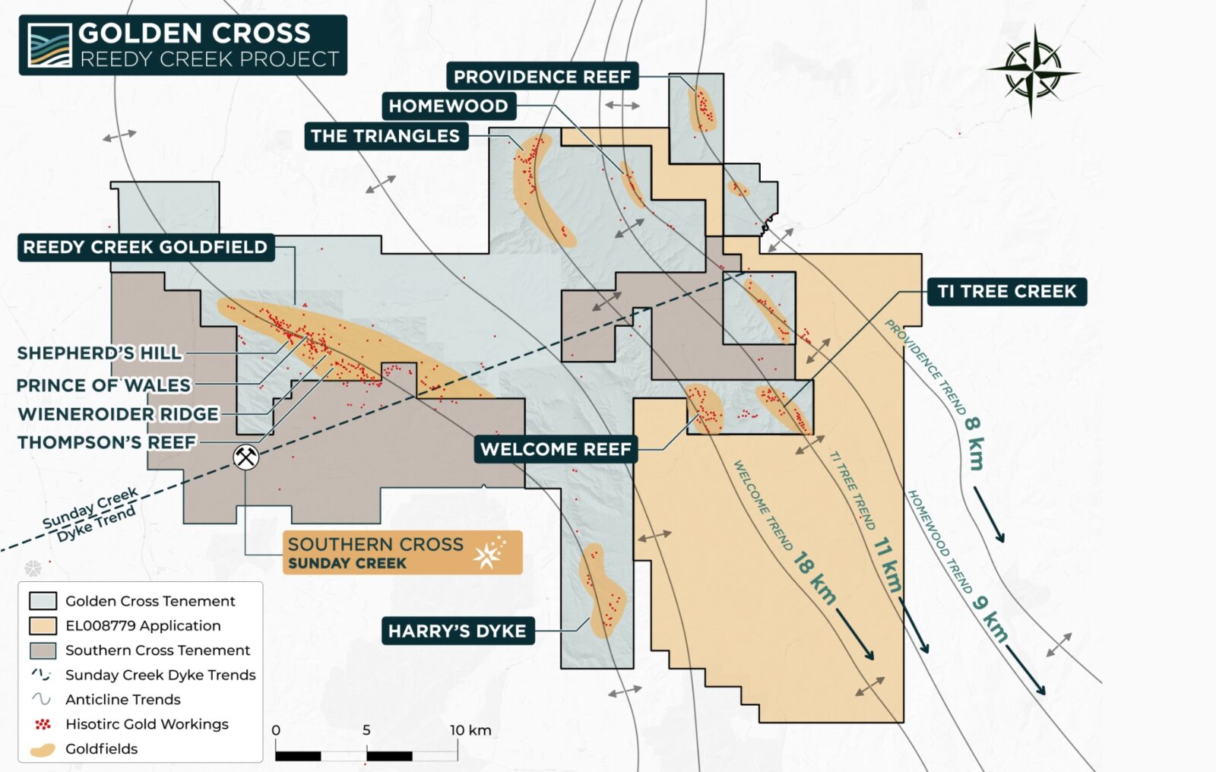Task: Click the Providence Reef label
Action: (542, 77)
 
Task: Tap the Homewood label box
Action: (448, 106)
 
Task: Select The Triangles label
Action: (385, 136)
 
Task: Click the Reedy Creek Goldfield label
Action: (145, 247)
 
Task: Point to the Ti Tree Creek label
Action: (1006, 291)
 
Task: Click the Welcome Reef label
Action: (556, 449)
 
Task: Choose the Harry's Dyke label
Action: (457, 631)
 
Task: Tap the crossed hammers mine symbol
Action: (245, 457)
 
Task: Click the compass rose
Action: (1032, 71)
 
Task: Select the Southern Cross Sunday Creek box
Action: (402, 552)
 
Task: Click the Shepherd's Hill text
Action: (100, 353)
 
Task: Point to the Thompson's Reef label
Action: (107, 442)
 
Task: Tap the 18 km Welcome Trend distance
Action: (815, 577)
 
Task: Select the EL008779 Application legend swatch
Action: (43, 625)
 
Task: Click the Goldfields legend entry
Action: (101, 748)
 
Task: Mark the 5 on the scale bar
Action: (366, 730)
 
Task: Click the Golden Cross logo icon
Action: (49, 45)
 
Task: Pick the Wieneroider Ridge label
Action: (118, 414)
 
